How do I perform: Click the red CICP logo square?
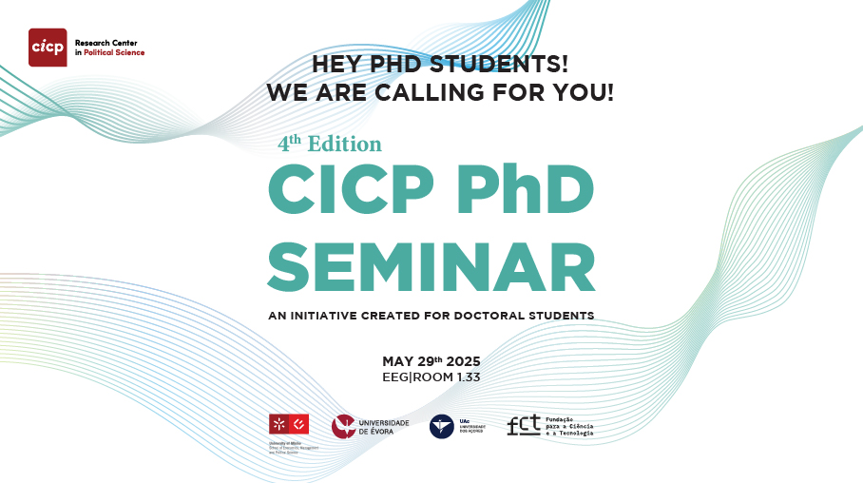[x=48, y=47]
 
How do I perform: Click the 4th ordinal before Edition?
[x=289, y=143]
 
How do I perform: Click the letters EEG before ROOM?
[x=395, y=377]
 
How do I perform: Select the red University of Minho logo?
[x=288, y=425]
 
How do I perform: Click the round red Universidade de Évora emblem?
[x=343, y=427]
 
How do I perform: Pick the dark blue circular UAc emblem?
[x=441, y=427]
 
